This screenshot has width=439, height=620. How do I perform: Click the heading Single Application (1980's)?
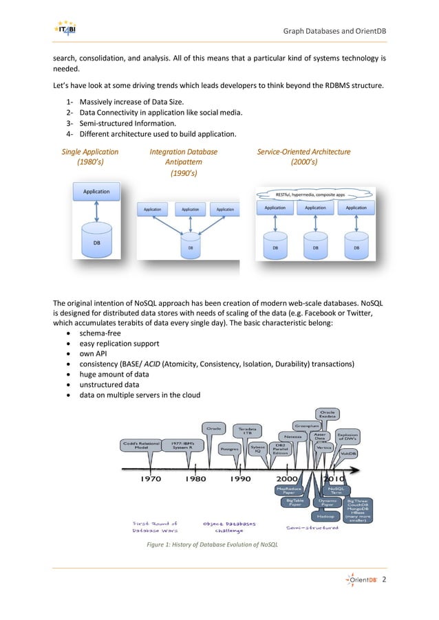(x=90, y=157)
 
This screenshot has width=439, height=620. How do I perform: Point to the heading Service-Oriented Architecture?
(x=303, y=152)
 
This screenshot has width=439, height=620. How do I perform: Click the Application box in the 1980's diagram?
(x=96, y=191)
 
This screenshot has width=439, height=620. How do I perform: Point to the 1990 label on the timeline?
(x=239, y=478)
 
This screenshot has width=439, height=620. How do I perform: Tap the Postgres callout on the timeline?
(x=228, y=448)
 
